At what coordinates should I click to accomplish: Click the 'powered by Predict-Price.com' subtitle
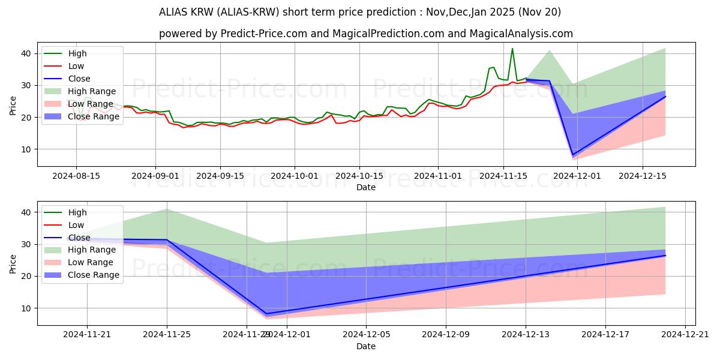(x=366, y=34)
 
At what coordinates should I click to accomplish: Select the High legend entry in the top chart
(x=77, y=53)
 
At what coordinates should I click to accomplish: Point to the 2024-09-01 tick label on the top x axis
(x=155, y=176)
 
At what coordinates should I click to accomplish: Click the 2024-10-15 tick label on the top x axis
(x=359, y=176)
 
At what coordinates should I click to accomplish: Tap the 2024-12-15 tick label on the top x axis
(x=643, y=176)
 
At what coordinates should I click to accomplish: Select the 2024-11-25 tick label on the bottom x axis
(x=167, y=335)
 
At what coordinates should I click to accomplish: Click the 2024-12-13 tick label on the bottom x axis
(x=526, y=335)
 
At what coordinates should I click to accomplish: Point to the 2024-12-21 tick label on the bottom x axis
(x=686, y=335)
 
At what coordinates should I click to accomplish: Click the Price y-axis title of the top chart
(x=13, y=105)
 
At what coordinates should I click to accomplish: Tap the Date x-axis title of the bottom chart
(x=366, y=347)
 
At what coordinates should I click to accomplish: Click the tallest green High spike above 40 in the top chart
(x=512, y=49)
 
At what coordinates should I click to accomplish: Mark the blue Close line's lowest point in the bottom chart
(x=266, y=314)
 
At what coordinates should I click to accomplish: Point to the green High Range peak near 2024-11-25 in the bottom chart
(x=167, y=209)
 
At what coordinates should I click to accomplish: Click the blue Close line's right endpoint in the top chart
(x=665, y=97)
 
